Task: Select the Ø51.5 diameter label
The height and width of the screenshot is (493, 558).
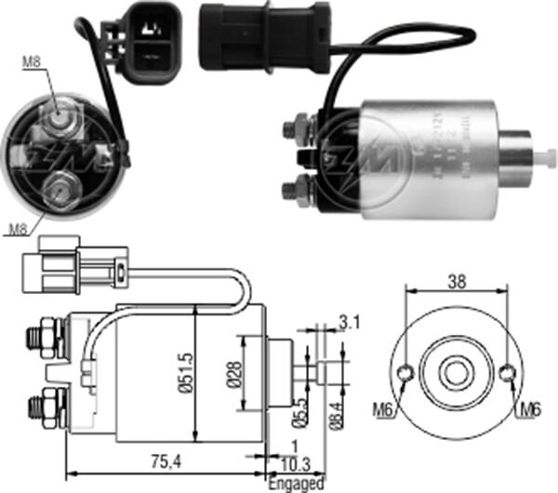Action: [185, 374]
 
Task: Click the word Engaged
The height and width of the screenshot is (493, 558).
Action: [296, 484]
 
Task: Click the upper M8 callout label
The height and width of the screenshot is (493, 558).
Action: [31, 64]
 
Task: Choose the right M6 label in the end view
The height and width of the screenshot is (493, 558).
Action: [530, 408]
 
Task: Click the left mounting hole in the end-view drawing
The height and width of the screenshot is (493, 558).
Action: [405, 374]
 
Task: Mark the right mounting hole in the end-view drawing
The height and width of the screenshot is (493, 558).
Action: [507, 374]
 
